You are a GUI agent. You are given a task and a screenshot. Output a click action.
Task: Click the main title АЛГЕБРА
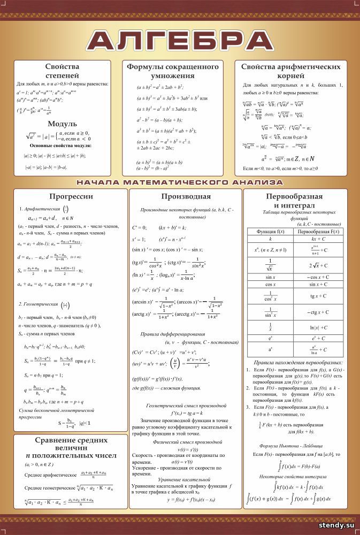(180, 41)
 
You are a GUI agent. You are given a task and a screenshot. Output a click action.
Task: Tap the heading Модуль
(62, 124)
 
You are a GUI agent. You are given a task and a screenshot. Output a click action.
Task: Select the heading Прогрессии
(71, 196)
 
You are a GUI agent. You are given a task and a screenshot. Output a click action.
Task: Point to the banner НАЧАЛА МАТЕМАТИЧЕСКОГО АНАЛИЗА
(180, 182)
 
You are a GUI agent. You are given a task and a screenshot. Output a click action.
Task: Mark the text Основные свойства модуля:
(60, 146)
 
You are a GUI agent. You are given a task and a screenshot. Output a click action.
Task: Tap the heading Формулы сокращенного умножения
(173, 72)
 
